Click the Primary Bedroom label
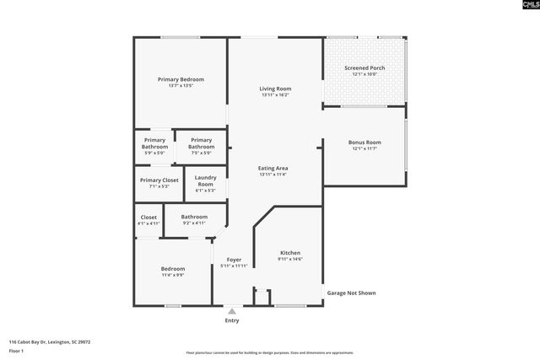pos(181,79)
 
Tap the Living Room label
pos(275,89)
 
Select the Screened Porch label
pos(364,67)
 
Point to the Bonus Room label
pos(364,142)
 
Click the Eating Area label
pos(273,169)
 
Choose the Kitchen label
pos(290,253)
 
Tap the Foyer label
pos(234,260)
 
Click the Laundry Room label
pos(206,180)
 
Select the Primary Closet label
pos(159,180)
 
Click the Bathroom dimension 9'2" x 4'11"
pos(194,223)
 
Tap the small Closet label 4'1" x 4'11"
pos(148,223)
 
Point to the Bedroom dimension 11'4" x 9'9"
pos(174,275)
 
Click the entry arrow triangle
pos(232,311)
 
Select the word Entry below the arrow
pos(232,320)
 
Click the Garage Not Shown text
pos(351,293)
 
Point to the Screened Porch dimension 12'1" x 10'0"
pos(364,74)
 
